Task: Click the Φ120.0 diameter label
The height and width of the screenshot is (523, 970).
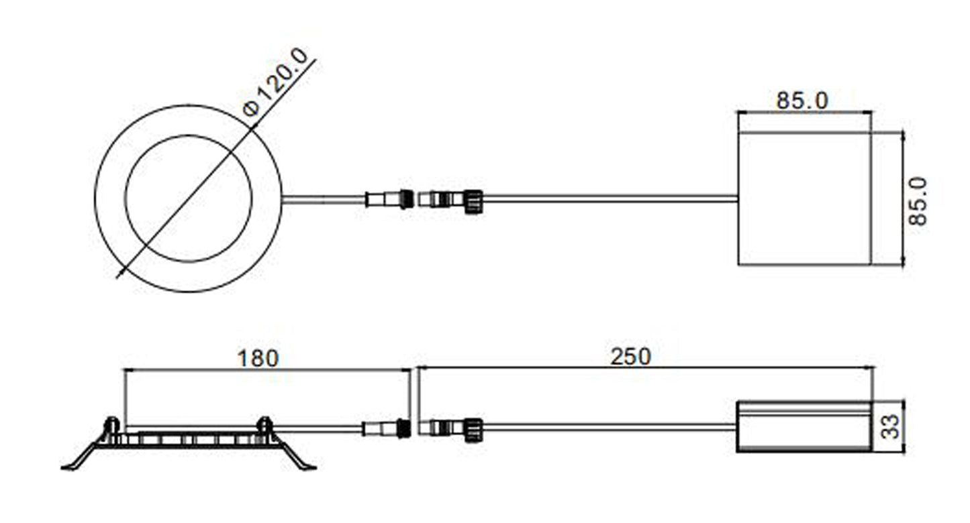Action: pos(276,82)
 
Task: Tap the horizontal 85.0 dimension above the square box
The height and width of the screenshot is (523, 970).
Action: pos(802,101)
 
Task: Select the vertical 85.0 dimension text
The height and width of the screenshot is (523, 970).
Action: pos(918,201)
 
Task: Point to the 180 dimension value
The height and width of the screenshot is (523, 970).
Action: pos(258,359)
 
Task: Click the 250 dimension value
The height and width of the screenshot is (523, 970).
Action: pos(630,357)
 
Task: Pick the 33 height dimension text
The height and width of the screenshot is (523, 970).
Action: pos(891,426)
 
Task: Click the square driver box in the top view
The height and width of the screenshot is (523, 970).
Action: pos(804,198)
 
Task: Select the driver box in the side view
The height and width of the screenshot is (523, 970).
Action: pos(804,427)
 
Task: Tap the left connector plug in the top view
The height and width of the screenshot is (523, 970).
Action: pos(389,199)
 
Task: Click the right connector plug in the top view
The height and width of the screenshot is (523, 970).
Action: pos(450,201)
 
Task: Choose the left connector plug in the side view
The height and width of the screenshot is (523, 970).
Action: pos(386,428)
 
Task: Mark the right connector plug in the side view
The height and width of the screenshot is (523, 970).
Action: pos(450,430)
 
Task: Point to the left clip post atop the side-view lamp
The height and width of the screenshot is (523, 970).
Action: pos(111,426)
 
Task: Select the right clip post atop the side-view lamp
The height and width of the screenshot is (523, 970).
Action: pos(264,426)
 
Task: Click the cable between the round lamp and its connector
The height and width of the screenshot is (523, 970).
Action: pos(324,199)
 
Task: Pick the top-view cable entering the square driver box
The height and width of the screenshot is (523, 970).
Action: pos(610,199)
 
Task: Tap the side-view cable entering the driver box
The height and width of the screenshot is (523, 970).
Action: pos(610,427)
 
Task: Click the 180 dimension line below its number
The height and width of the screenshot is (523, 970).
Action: pos(267,370)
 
